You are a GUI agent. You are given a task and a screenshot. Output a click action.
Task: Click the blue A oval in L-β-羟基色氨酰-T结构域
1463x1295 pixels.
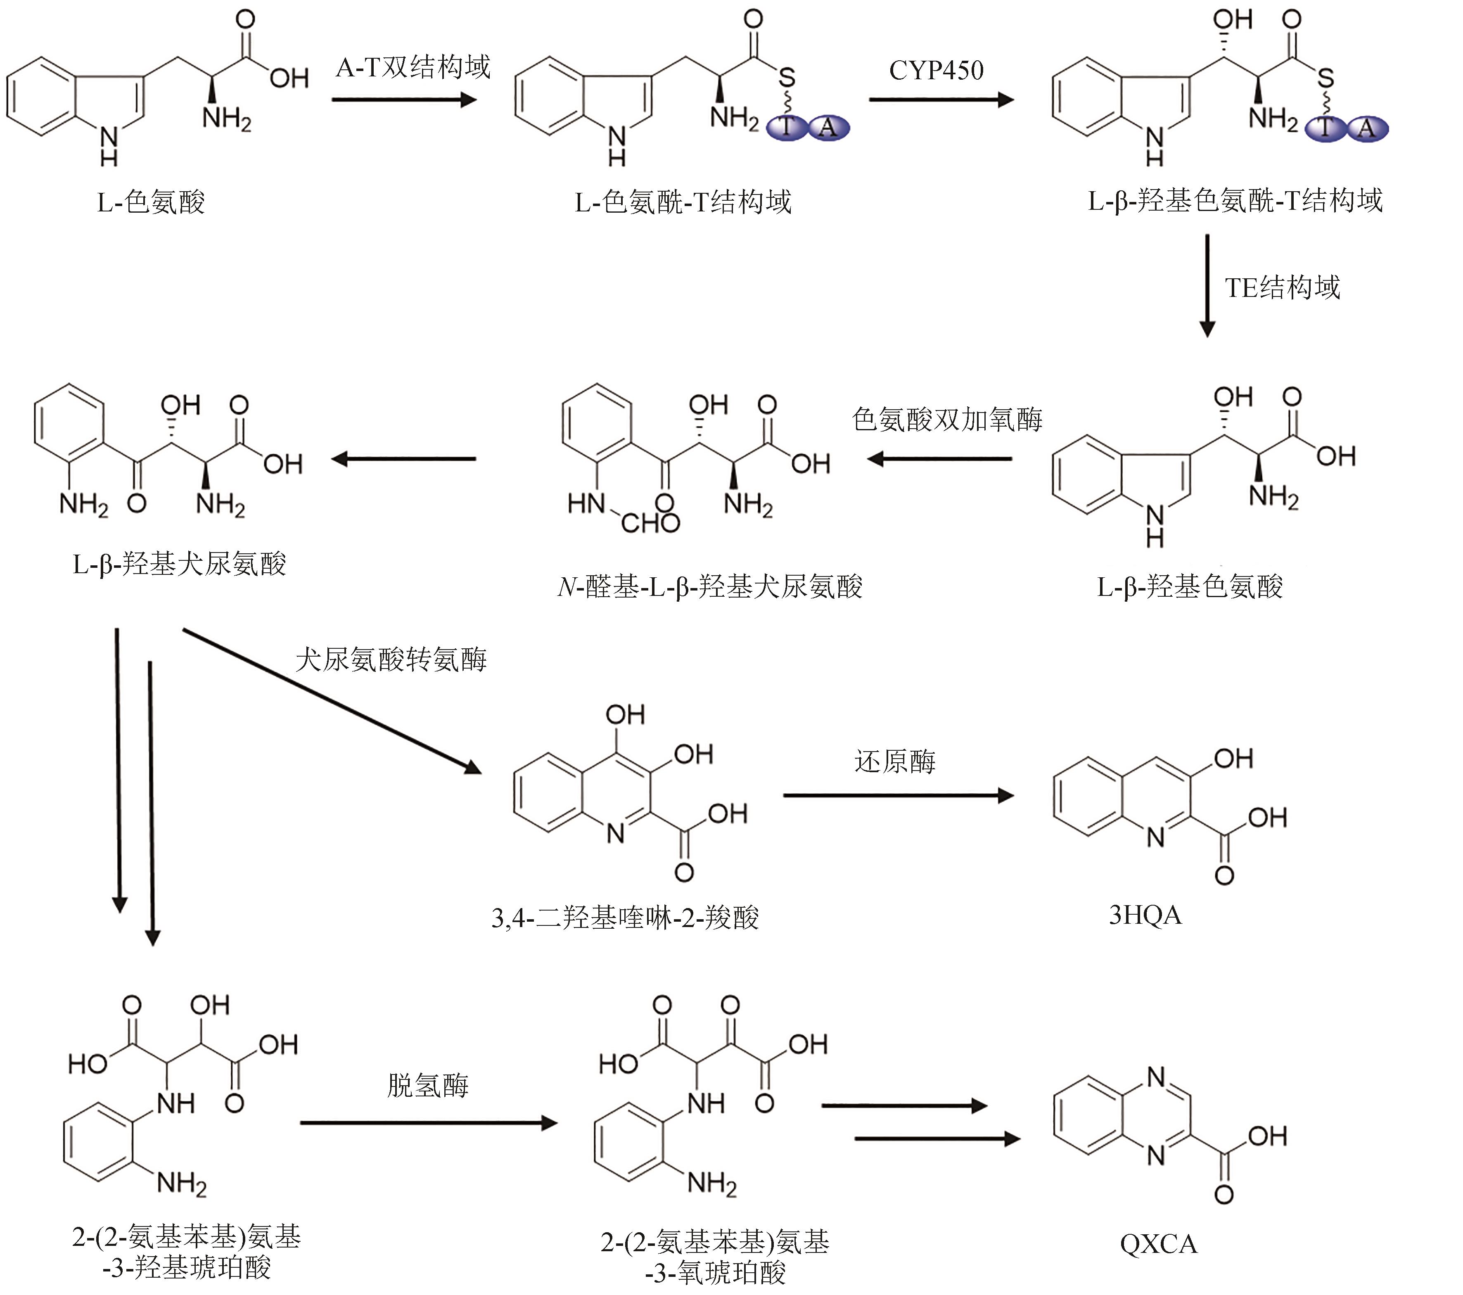(x=1366, y=129)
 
